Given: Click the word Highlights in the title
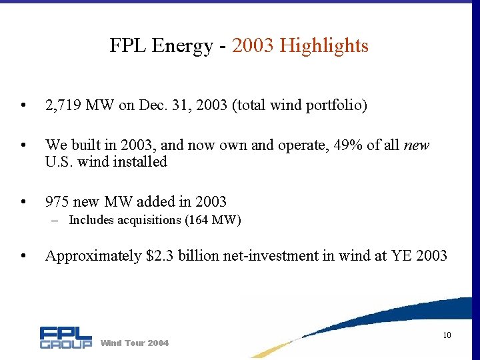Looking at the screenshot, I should coord(324,46).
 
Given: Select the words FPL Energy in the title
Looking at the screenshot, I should coord(159,46).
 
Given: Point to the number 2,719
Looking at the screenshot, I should coord(64,106).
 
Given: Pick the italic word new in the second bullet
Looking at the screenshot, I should coord(417,145).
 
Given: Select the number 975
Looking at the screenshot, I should coord(57,201).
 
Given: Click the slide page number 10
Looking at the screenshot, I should coord(447,335).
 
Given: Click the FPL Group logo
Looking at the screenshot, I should coord(65,337).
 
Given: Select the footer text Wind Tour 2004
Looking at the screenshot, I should coord(134,343).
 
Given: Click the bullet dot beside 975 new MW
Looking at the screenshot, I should coord(23,202).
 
